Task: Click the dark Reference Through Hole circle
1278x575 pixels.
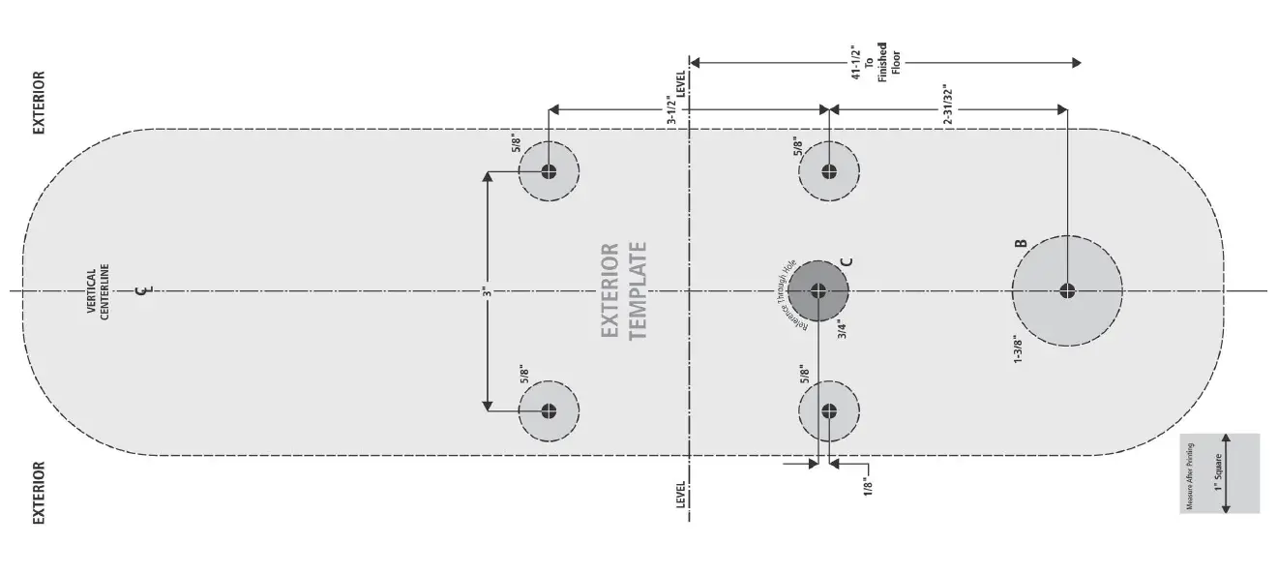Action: point(817,290)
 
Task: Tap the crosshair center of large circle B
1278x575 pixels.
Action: point(1067,290)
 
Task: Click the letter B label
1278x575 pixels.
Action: point(1020,244)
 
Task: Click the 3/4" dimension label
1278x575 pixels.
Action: point(844,330)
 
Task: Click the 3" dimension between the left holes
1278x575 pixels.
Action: point(488,290)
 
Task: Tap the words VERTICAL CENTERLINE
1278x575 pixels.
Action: point(98,293)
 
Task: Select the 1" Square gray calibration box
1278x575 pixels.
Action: point(1219,472)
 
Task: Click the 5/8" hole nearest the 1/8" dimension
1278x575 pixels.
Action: point(828,409)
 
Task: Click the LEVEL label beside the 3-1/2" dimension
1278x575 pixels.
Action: point(680,84)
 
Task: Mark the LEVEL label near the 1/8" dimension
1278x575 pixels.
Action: point(680,495)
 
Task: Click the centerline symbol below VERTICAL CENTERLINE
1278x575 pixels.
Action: point(143,289)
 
